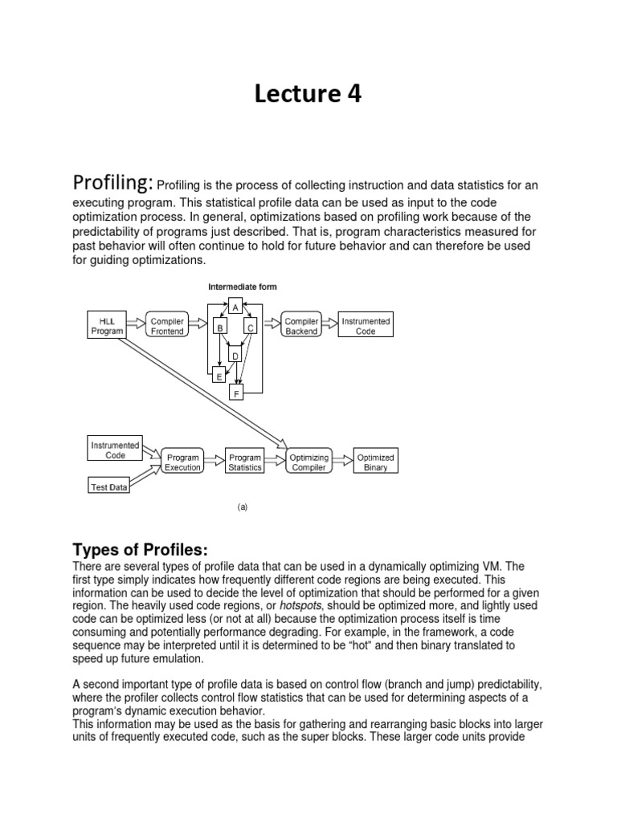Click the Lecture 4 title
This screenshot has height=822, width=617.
(308, 95)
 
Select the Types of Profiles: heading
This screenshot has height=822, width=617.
(140, 550)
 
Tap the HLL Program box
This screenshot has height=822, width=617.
(106, 326)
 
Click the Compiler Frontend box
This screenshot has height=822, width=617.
(168, 326)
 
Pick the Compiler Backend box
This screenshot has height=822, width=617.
(302, 326)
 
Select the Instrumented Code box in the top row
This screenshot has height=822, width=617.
(366, 326)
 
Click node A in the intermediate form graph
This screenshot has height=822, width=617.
(235, 307)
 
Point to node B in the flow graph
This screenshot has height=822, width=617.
(219, 328)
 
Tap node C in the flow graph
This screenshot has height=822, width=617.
(249, 328)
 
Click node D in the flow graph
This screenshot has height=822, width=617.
(235, 356)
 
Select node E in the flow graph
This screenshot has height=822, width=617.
(219, 375)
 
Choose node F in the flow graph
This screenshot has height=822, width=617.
(237, 394)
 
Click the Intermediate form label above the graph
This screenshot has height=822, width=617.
(243, 286)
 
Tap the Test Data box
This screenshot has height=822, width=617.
(108, 486)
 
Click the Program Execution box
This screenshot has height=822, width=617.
(182, 463)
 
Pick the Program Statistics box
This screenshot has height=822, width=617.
(245, 463)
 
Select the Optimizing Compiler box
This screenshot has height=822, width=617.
(309, 463)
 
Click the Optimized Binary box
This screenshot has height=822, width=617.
(375, 463)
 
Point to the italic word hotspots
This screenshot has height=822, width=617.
(304, 604)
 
